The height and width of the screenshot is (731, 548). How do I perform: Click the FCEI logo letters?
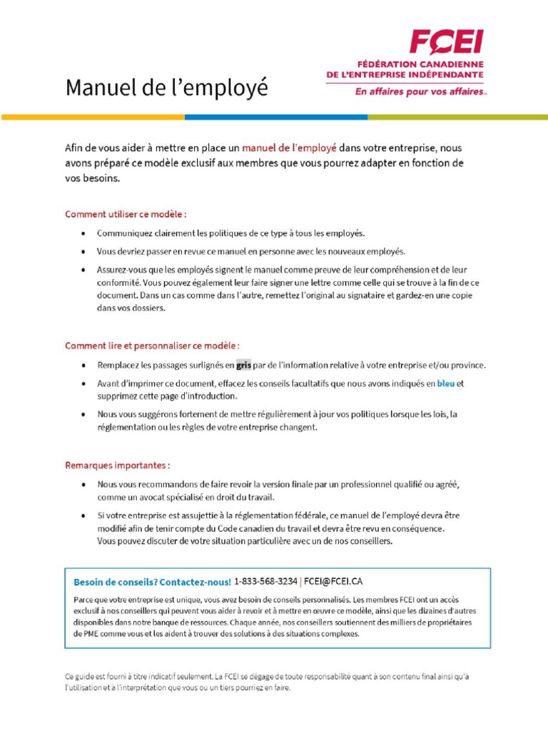pyautogui.click(x=445, y=42)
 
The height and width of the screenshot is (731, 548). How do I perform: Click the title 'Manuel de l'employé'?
pyautogui.click(x=167, y=89)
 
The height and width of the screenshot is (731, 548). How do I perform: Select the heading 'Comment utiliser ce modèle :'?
pyautogui.click(x=126, y=213)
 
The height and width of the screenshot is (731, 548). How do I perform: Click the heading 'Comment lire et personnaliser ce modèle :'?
pyautogui.click(x=152, y=346)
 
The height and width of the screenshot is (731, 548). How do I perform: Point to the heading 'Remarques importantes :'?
pyautogui.click(x=118, y=465)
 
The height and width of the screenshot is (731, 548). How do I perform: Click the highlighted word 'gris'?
pyautogui.click(x=244, y=365)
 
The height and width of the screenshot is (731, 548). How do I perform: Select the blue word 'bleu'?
pyautogui.click(x=445, y=383)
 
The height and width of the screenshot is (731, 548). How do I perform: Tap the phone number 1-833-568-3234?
pyautogui.click(x=265, y=581)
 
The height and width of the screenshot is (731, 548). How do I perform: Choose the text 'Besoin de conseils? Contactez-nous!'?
pyautogui.click(x=152, y=582)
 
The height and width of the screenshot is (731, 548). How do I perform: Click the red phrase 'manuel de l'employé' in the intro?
pyautogui.click(x=289, y=148)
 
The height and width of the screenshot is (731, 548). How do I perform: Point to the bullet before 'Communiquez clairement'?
pyautogui.click(x=85, y=233)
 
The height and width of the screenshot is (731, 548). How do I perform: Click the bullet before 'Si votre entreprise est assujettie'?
pyautogui.click(x=85, y=515)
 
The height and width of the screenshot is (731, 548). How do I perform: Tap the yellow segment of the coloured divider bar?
pyautogui.click(x=93, y=117)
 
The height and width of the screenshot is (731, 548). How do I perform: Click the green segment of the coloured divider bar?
pyautogui.click(x=457, y=117)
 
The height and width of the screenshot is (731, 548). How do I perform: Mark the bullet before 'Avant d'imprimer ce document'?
pyautogui.click(x=85, y=383)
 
